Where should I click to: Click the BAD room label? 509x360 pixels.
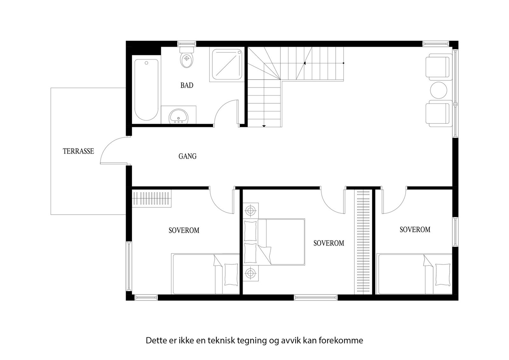click(187, 85)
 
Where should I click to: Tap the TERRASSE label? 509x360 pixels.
click(79, 151)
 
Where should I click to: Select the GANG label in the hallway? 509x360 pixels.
click(187, 156)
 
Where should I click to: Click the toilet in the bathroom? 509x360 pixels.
click(187, 59)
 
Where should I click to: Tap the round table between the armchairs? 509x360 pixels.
click(439, 90)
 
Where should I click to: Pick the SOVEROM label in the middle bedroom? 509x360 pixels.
click(329, 243)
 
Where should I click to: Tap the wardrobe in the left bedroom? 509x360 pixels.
click(151, 199)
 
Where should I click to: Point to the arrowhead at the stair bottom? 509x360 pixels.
click(264, 126)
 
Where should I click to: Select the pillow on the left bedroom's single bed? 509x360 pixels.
click(231, 274)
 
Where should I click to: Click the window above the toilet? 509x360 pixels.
click(186, 44)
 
